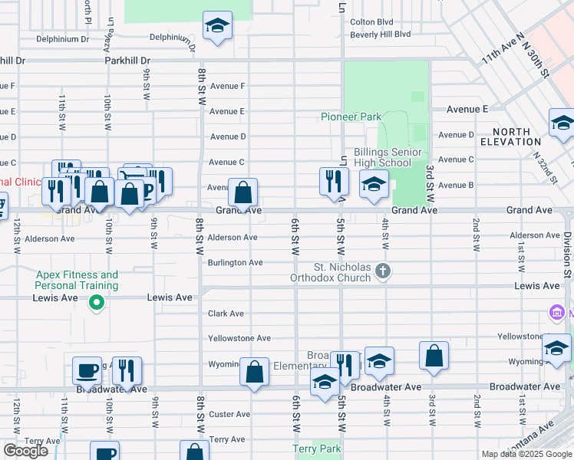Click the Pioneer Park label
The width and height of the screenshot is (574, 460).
point(351,117)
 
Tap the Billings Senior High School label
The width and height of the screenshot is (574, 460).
point(382,157)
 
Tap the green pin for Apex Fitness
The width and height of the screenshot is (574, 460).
point(96,304)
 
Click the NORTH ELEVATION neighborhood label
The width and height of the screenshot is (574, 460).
point(510,136)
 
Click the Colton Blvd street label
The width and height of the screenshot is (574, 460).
point(371,22)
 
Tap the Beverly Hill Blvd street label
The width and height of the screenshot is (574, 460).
point(380,34)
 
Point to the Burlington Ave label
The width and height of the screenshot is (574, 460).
point(235,262)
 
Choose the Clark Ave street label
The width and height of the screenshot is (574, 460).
point(226,314)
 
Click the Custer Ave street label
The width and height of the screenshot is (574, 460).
point(229,414)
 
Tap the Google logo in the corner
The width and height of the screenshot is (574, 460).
point(25,451)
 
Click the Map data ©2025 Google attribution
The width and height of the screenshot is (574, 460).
point(526,454)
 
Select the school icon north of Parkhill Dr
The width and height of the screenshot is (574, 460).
point(218,26)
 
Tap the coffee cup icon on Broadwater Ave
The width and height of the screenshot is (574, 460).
point(87,370)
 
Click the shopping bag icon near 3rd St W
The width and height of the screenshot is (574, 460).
point(434,356)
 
